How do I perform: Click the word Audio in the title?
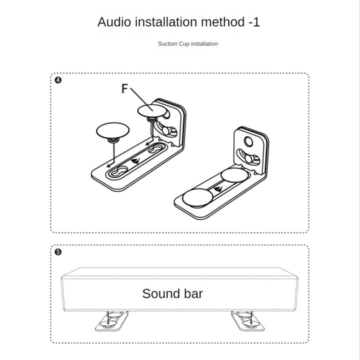(114, 22)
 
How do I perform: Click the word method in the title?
(222, 22)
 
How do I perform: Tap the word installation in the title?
(166, 22)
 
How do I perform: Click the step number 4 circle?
(58, 80)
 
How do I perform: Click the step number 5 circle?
(58, 252)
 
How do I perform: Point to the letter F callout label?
(124, 88)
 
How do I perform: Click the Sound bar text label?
(172, 293)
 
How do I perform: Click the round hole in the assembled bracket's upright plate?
(248, 141)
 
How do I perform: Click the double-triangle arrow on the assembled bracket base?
(218, 189)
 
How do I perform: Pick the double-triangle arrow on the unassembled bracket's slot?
(135, 161)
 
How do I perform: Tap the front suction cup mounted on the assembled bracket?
(197, 198)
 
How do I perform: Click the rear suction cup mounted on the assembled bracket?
(234, 175)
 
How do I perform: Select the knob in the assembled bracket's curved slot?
(248, 158)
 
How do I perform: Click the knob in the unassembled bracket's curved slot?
(166, 130)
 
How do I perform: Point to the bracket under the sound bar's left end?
(112, 321)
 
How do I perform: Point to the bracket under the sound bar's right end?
(247, 321)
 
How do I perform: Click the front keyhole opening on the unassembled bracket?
(119, 171)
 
